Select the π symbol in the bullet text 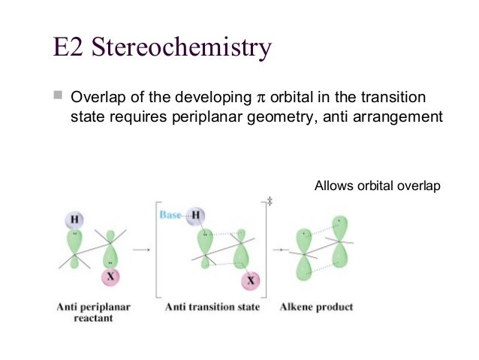coord(261,98)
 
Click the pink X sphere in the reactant coord(110,278)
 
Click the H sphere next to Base coord(197,216)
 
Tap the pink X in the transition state coord(251,282)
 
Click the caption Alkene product coord(316,307)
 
